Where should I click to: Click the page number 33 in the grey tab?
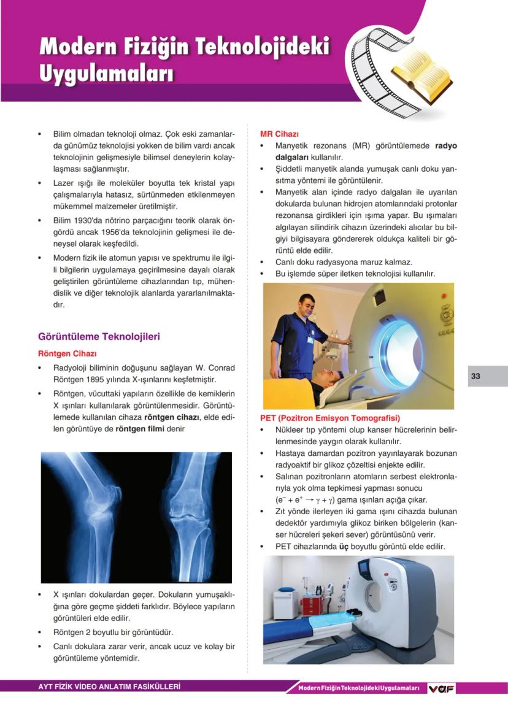[x=475, y=376]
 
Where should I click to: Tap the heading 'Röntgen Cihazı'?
[x=67, y=354]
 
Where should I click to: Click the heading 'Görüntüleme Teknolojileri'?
[x=99, y=337]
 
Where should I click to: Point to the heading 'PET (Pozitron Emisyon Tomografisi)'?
[x=330, y=418]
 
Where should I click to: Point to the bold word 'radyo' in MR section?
[x=446, y=146]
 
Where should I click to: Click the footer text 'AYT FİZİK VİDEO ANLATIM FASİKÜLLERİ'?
[x=110, y=687]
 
